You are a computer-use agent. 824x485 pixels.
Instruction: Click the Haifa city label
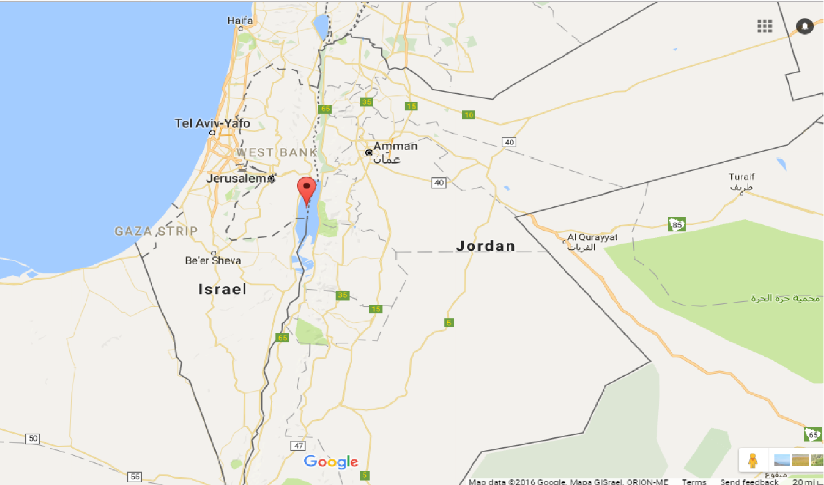pos(240,21)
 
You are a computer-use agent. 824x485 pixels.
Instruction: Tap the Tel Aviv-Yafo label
pos(212,123)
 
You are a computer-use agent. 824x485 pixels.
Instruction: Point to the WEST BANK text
pos(277,152)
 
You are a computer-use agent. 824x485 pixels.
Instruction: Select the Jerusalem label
pos(236,178)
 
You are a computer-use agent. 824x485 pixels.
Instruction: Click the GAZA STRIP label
pos(156,231)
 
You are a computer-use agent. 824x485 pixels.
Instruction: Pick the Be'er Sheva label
pos(213,260)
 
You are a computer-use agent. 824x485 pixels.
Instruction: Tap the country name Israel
pos(222,289)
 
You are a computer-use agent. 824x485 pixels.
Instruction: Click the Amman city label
pos(395,146)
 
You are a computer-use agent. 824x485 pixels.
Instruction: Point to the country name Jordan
pos(486,246)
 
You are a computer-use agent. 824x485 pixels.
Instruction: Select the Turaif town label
pos(741,177)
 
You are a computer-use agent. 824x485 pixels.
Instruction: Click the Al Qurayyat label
pos(592,237)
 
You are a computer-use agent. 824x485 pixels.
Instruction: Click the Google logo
pos(331,462)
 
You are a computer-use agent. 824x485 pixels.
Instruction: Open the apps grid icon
pos(764,26)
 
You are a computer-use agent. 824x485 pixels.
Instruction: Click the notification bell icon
pos(804,26)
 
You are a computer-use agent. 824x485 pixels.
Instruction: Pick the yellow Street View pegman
pos(753,460)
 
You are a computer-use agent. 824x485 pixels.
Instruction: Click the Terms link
pos(694,482)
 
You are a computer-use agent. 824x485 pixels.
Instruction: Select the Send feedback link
pos(749,482)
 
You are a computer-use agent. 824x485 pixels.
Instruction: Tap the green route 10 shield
pos(468,115)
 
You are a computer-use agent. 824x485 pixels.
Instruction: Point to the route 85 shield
pos(677,225)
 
